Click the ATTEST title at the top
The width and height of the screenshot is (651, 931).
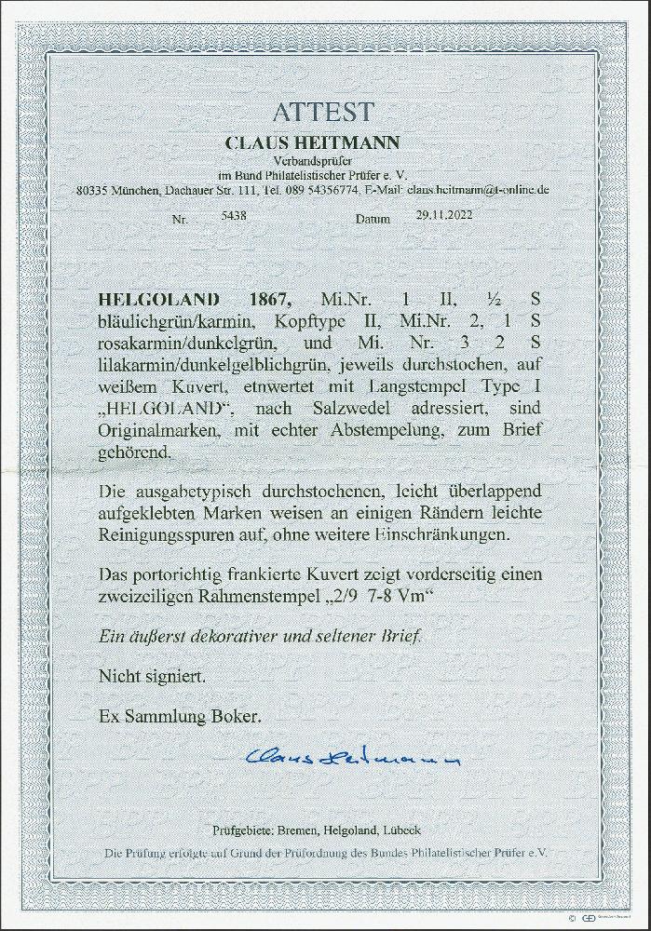click(323, 113)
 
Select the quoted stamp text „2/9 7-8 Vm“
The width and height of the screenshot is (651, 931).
click(375, 596)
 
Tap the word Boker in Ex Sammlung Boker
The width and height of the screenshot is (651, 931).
click(234, 715)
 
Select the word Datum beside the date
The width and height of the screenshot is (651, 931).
click(374, 222)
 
